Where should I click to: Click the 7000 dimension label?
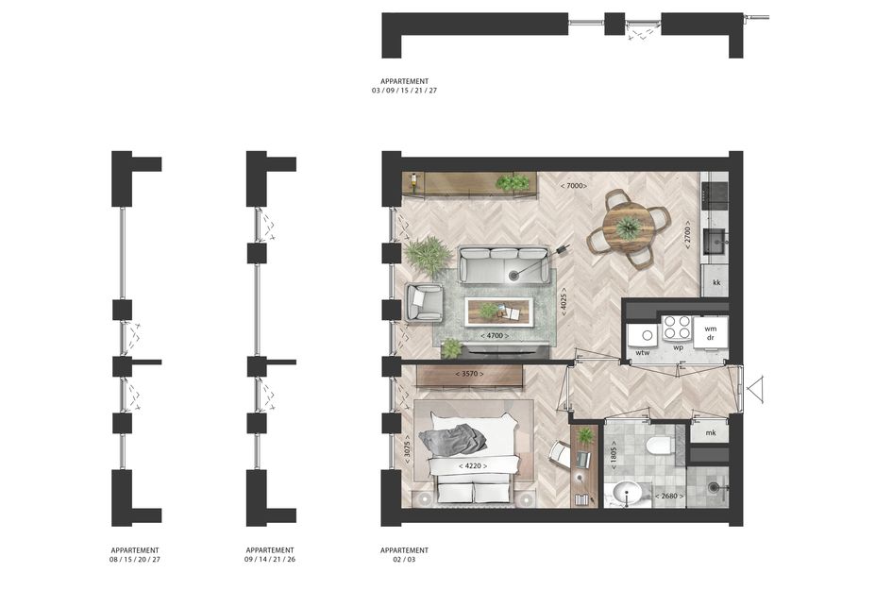click(573, 185)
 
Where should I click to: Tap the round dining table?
click(628, 228)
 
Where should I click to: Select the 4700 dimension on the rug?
click(495, 336)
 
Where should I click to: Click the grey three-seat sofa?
click(504, 265)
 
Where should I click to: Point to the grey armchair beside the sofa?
click(424, 302)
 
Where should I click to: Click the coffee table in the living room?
click(499, 312)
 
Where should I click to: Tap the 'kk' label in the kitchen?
click(716, 282)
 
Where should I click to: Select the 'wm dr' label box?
click(710, 332)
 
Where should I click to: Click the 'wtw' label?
click(642, 353)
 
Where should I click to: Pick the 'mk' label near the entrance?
click(711, 433)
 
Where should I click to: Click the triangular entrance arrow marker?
click(755, 390)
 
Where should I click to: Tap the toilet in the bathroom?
click(660, 447)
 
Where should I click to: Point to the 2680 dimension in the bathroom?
click(669, 497)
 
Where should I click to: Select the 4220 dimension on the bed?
click(473, 466)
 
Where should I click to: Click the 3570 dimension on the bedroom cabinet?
click(469, 374)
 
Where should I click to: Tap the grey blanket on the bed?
click(452, 439)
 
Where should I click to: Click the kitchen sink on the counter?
click(714, 241)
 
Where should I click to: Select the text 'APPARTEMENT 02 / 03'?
click(405, 555)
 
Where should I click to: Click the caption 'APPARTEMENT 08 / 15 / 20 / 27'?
click(135, 555)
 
